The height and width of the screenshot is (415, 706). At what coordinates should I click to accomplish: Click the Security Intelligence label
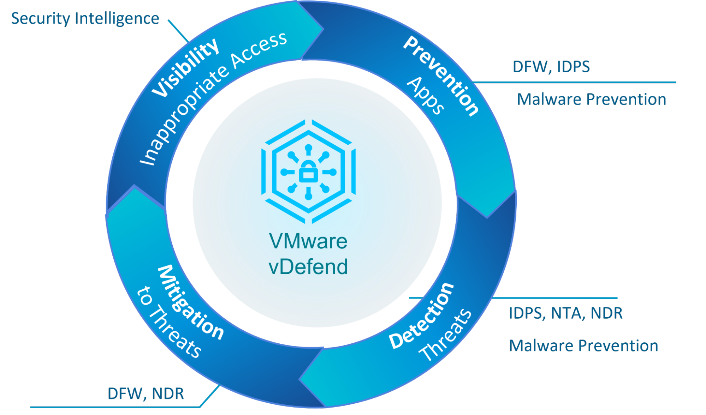pyautogui.click(x=85, y=18)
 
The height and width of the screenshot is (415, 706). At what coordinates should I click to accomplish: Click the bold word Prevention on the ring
pyautogui.click(x=441, y=76)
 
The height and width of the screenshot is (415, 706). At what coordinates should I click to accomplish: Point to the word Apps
pyautogui.click(x=426, y=96)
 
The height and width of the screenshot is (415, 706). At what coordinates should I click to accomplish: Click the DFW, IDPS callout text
pyautogui.click(x=551, y=67)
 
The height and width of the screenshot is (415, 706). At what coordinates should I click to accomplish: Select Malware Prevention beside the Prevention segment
pyautogui.click(x=591, y=100)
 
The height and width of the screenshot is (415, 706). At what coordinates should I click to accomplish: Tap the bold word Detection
pyautogui.click(x=421, y=315)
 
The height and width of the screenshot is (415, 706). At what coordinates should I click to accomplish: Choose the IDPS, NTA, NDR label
pyautogui.click(x=565, y=313)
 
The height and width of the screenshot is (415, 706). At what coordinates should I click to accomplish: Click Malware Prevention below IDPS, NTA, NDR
pyautogui.click(x=583, y=346)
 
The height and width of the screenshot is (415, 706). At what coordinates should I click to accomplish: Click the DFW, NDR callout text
pyautogui.click(x=146, y=393)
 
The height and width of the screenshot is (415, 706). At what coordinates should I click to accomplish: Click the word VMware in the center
pyautogui.click(x=308, y=241)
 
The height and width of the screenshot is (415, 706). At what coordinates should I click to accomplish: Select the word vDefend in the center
pyautogui.click(x=308, y=267)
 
